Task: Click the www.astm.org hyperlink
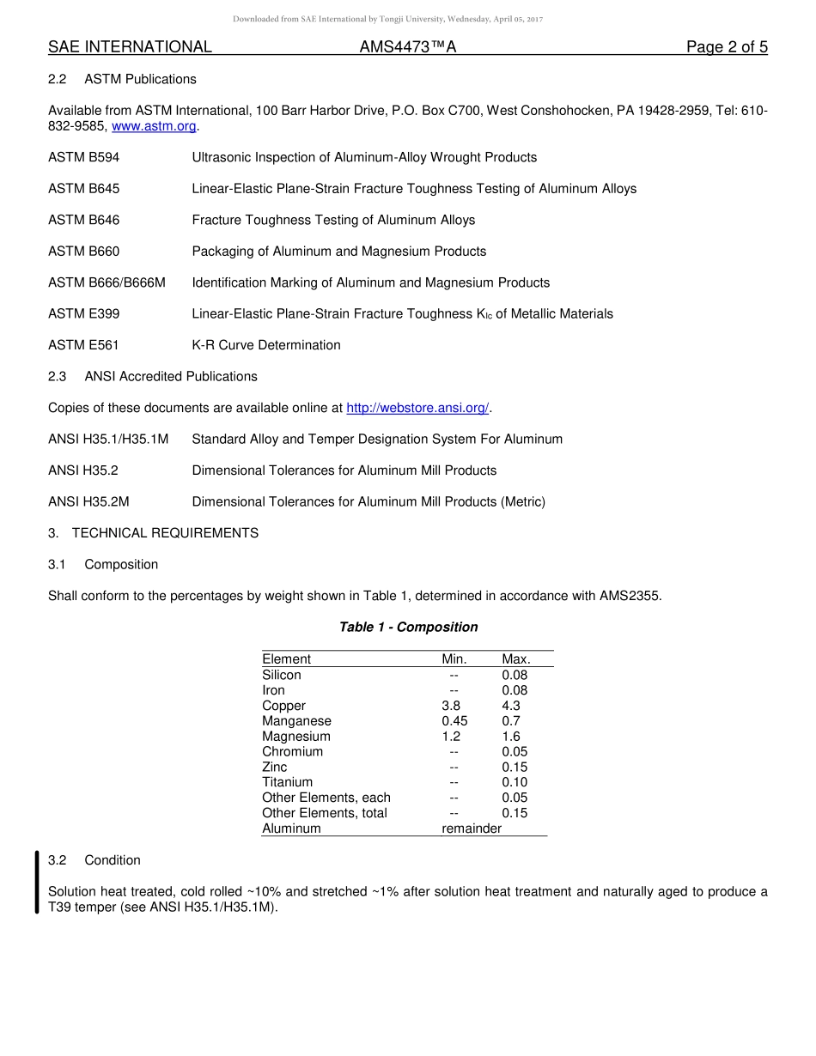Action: [x=155, y=126]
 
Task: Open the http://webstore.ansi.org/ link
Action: [x=417, y=408]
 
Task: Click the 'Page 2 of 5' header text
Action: [x=726, y=47]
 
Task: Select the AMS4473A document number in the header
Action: [x=407, y=47]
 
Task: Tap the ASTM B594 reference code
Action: [x=84, y=157]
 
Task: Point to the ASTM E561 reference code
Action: [x=83, y=345]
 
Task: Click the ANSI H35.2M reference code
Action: [x=88, y=501]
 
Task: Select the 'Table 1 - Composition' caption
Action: [x=408, y=627]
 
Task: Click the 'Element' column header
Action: [x=286, y=659]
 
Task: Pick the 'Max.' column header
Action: [x=515, y=659]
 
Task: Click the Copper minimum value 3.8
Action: [x=451, y=706]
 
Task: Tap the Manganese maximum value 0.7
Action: [x=511, y=721]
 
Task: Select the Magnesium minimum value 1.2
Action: [x=451, y=737]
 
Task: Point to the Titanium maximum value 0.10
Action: [x=515, y=782]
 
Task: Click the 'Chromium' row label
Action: [x=293, y=751]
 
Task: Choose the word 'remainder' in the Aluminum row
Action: [x=472, y=828]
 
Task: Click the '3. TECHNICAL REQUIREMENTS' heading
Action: [x=153, y=533]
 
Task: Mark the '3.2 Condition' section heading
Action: [x=94, y=860]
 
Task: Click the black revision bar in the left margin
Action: [x=37, y=882]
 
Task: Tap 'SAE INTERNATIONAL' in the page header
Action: [x=130, y=47]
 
